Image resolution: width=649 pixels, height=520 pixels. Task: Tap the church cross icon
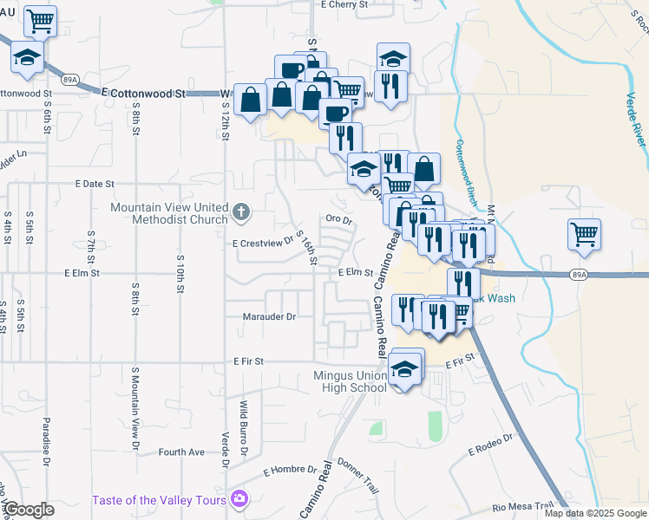(x=242, y=210)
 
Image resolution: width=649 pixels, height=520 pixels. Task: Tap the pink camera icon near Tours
(x=239, y=499)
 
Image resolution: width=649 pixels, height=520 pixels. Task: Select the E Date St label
(x=95, y=185)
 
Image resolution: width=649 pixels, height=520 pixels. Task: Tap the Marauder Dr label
(x=269, y=317)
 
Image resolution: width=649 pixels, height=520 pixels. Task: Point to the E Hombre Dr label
(x=290, y=471)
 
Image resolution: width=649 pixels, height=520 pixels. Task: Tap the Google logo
(x=29, y=510)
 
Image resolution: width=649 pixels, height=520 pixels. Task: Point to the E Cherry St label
(x=344, y=4)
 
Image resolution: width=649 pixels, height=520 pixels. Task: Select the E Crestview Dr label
(x=263, y=244)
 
